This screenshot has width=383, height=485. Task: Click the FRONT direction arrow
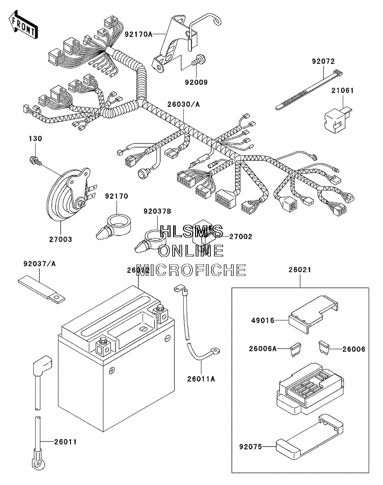click(x=23, y=25)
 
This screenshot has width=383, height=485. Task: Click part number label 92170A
click(x=138, y=34)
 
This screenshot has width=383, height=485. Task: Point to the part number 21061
click(x=343, y=90)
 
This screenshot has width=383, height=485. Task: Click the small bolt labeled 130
click(x=35, y=161)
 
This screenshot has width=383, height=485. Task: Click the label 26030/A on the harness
click(x=184, y=104)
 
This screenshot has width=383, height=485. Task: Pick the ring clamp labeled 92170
click(x=114, y=227)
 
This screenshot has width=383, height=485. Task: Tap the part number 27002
click(x=241, y=237)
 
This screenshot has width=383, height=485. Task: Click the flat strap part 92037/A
click(x=42, y=287)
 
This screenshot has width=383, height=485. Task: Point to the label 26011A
click(x=201, y=379)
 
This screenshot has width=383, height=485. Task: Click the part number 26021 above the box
click(x=300, y=270)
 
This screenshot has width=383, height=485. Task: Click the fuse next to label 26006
click(x=323, y=347)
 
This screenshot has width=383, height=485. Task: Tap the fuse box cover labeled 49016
click(x=313, y=315)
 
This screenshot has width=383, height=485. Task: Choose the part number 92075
click(x=250, y=447)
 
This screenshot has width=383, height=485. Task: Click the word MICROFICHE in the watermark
click(x=192, y=270)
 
